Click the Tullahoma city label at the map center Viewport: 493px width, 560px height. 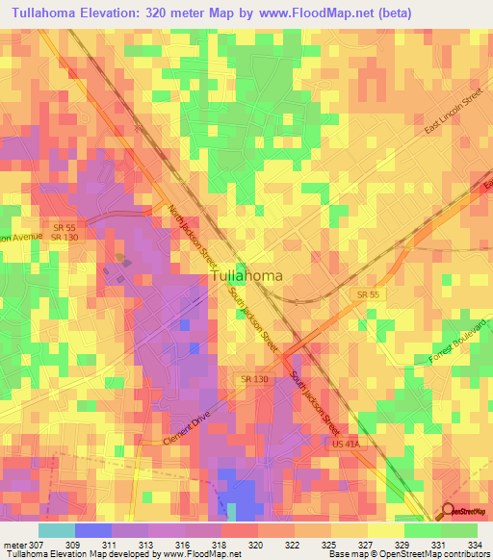click(x=246, y=276)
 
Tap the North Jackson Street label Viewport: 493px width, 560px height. click(x=194, y=236)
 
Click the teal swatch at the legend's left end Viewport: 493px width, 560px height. click(x=56, y=529)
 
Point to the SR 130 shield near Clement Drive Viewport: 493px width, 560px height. click(x=255, y=381)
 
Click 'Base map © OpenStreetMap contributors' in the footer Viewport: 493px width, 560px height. click(x=410, y=553)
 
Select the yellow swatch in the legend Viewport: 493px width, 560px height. click(x=385, y=529)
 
